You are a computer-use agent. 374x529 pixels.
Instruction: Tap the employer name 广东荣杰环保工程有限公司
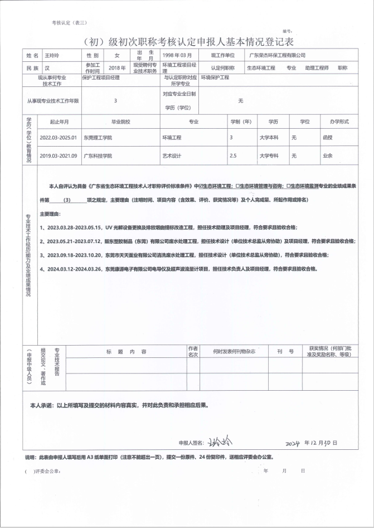278,56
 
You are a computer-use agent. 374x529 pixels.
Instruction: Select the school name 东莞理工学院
98,137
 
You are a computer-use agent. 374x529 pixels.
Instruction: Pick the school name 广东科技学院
98,156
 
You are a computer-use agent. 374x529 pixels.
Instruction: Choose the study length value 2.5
233,156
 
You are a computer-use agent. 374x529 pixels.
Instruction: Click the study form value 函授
327,137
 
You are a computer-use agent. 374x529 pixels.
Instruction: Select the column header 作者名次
193,351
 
